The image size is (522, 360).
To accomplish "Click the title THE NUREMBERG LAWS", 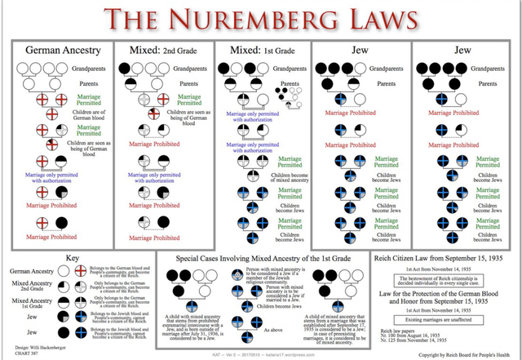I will pyautogui.click(x=261, y=18).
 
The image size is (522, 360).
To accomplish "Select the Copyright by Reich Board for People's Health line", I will pyautogui.click(x=466, y=355).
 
